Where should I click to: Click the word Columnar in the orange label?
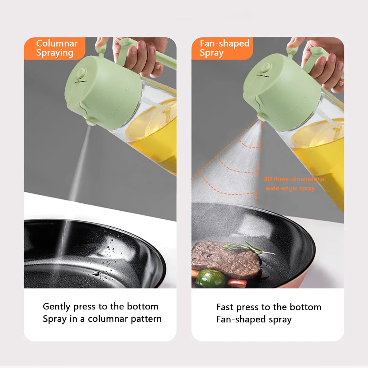(57, 44)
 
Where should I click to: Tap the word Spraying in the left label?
(55, 53)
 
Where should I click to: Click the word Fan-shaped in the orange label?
(224, 44)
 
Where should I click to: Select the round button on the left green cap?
(82, 73)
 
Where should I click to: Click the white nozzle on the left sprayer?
(90, 122)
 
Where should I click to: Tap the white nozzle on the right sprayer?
(261, 117)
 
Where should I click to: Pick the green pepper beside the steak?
(211, 278)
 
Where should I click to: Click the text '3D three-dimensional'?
(295, 179)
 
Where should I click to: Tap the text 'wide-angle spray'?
(290, 188)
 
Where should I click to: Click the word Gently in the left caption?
(57, 306)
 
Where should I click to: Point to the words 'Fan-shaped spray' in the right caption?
(254, 320)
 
